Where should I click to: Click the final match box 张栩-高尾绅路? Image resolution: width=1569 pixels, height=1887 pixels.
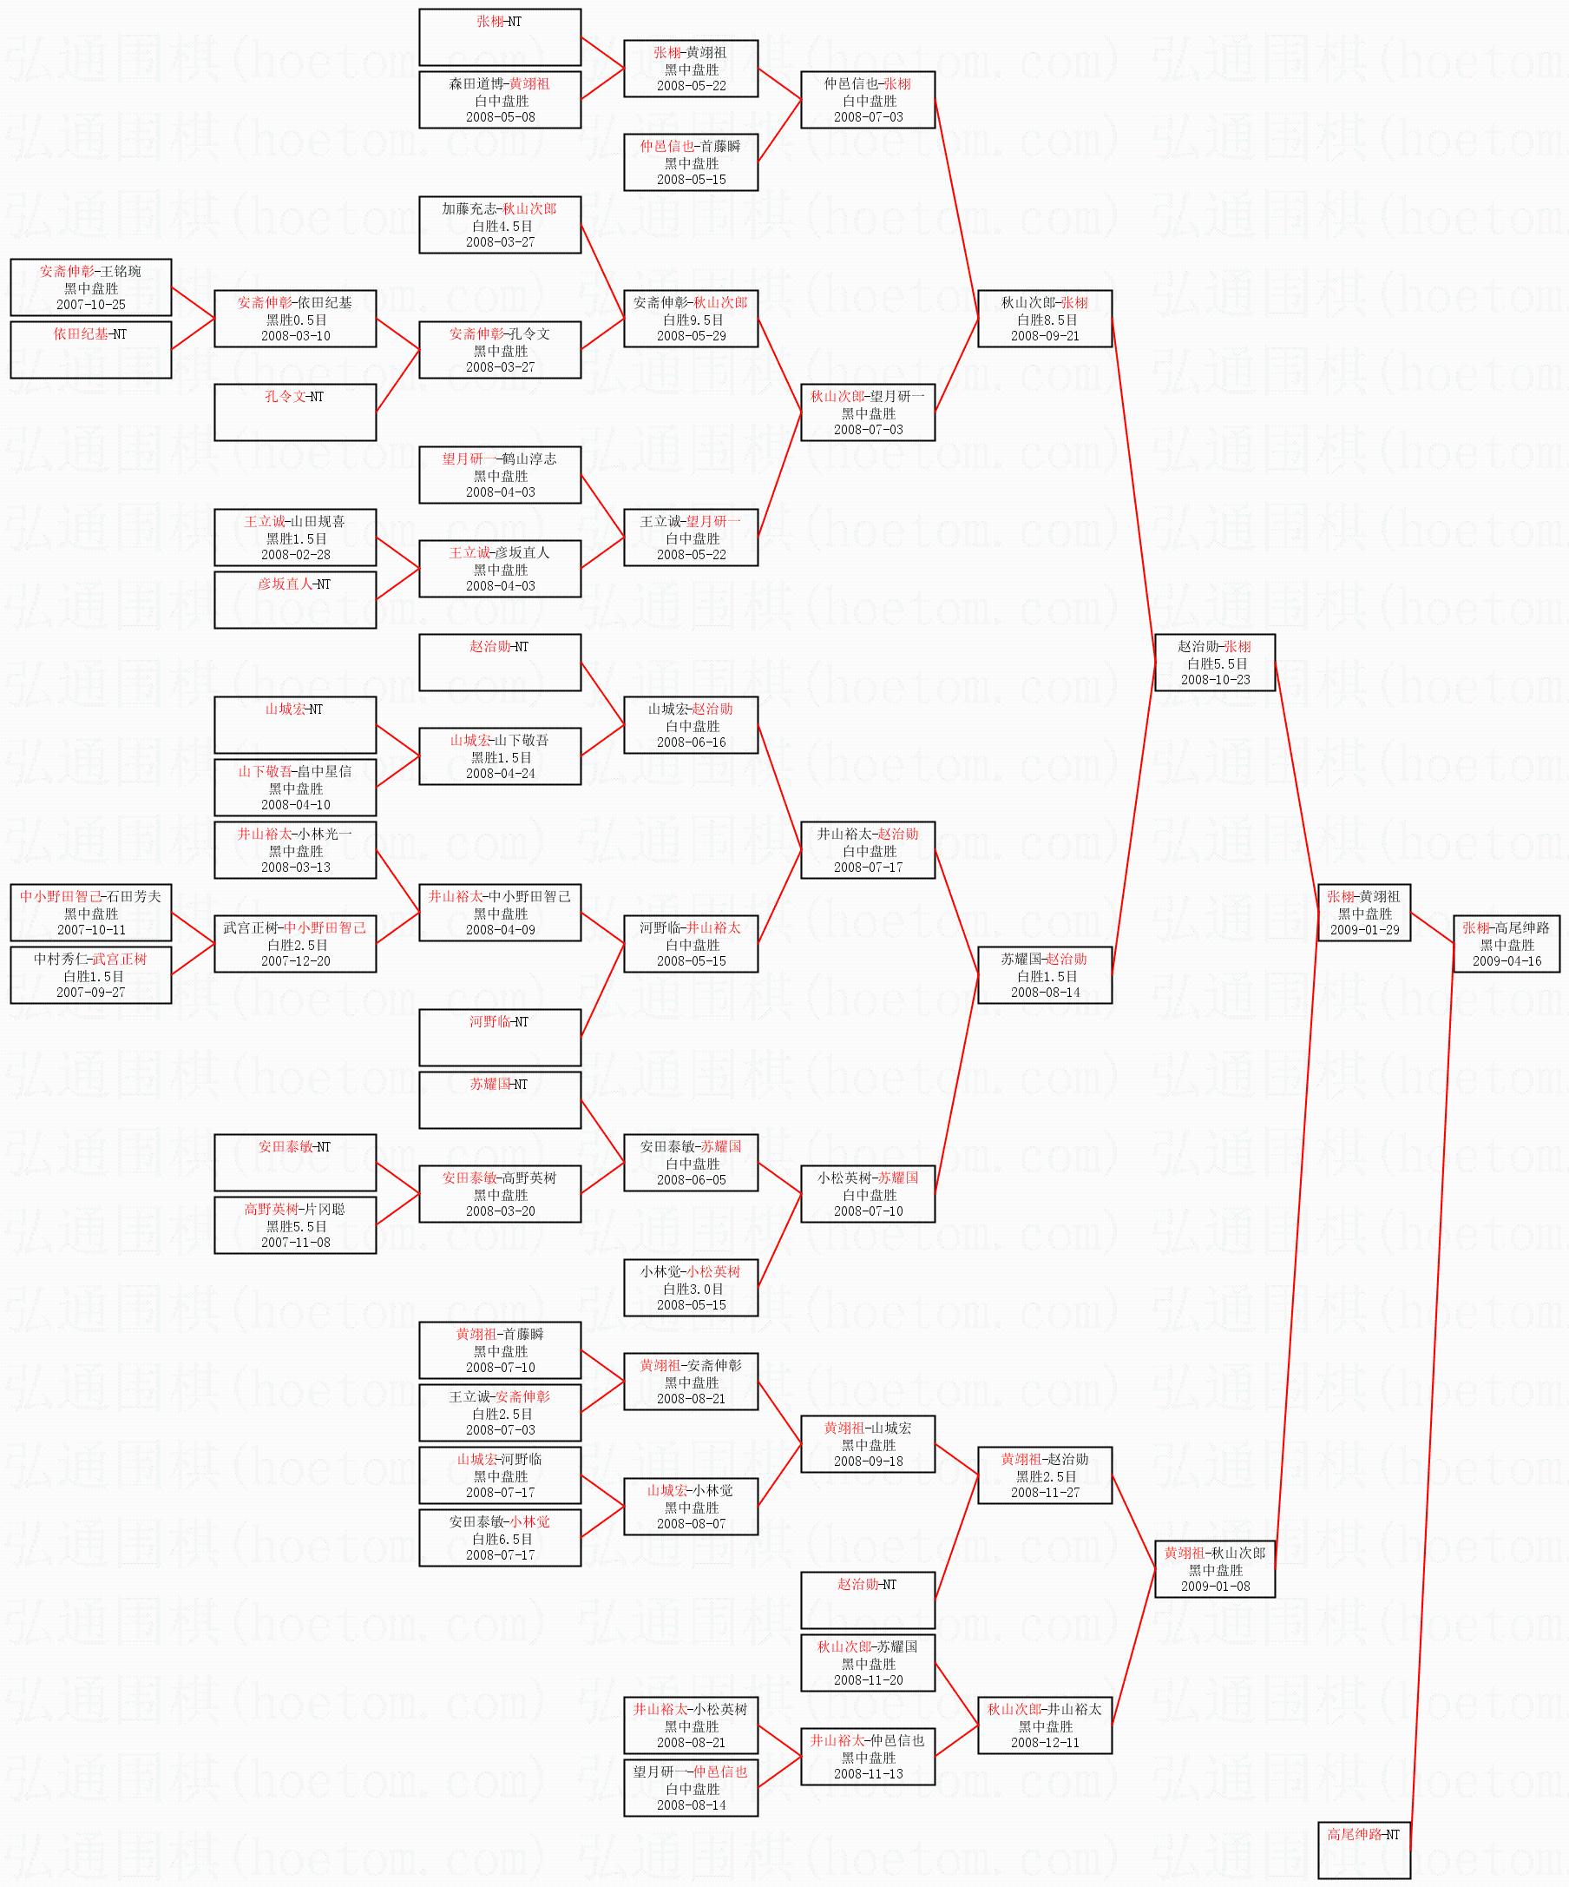[1507, 943]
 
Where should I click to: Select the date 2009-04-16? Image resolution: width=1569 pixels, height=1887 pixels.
[1507, 961]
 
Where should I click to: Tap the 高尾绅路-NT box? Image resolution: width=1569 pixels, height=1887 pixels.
[1363, 1850]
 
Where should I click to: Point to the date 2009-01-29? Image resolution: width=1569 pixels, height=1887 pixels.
[1364, 930]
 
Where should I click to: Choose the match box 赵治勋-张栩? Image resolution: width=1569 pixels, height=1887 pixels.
[1214, 663]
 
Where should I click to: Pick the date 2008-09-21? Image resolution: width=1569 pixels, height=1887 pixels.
[1045, 336]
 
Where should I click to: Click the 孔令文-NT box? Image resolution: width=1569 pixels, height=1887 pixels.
[294, 412]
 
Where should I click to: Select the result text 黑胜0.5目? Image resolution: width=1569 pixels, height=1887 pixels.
[295, 320]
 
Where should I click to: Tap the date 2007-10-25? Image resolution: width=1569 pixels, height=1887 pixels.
[91, 305]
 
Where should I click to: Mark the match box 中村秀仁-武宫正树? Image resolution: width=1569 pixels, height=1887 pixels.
[91, 975]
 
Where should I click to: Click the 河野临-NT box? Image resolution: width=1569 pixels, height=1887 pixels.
[499, 1038]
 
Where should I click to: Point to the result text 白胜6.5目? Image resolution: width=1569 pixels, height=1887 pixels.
[501, 1540]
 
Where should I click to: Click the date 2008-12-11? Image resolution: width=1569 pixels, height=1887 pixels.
[1045, 1742]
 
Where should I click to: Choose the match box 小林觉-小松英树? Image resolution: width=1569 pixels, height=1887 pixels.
[691, 1288]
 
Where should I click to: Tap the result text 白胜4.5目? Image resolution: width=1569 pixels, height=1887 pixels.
[501, 226]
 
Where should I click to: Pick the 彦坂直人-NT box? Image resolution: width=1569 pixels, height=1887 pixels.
[294, 599]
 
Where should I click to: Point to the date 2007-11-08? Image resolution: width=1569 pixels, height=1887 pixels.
[295, 1243]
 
